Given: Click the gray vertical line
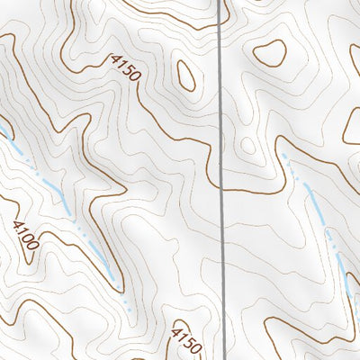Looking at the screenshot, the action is [221, 180].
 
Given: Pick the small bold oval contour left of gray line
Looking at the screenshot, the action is [187, 76].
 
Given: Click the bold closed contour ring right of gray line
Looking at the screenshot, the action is [269, 54].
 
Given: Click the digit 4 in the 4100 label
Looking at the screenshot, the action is [17, 224].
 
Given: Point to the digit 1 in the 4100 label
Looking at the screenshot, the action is [22, 230].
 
